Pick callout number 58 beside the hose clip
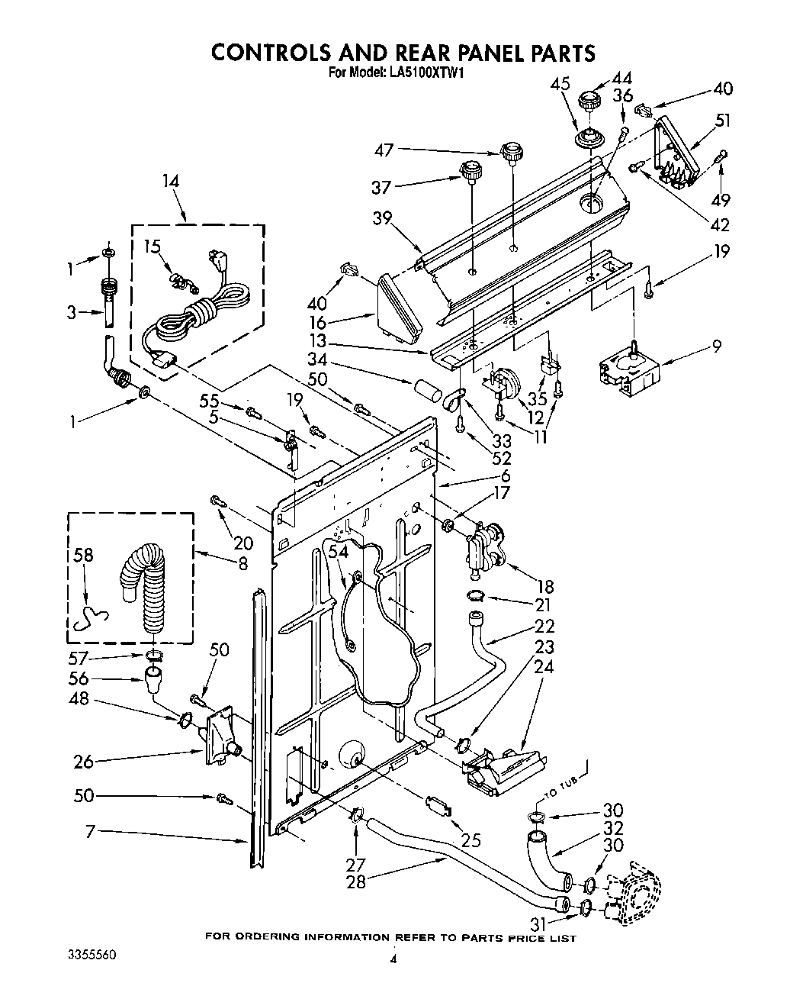pos(83,555)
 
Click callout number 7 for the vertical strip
pos(91,832)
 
